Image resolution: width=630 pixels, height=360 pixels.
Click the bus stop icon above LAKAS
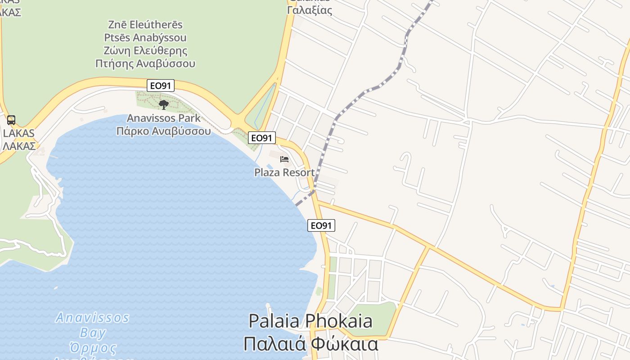click(x=11, y=120)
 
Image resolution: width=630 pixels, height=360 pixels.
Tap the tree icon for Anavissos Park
click(x=164, y=105)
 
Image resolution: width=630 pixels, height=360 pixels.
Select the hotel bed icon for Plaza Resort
click(x=284, y=159)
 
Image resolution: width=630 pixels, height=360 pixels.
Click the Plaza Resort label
click(x=284, y=172)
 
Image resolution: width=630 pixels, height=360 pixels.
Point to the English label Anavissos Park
click(x=163, y=118)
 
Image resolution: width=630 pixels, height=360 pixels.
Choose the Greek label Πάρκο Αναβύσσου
click(x=163, y=131)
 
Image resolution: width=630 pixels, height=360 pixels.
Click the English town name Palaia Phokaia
click(x=310, y=321)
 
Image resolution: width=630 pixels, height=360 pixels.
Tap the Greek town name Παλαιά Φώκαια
click(x=310, y=344)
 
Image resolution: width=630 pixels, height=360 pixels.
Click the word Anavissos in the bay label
click(x=92, y=318)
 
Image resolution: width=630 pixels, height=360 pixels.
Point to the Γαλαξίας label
click(x=309, y=10)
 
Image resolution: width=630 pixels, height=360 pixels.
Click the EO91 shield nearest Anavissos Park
click(x=161, y=85)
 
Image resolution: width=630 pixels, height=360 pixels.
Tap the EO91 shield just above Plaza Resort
click(x=261, y=138)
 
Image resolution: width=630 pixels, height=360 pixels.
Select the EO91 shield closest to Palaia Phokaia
click(x=321, y=225)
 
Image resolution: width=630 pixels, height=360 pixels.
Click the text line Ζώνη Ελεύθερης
click(x=145, y=50)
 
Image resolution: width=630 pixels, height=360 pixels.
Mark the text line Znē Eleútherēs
click(x=145, y=24)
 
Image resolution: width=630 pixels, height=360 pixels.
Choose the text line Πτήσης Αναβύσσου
click(x=145, y=63)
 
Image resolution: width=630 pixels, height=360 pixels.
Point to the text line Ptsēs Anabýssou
click(x=145, y=37)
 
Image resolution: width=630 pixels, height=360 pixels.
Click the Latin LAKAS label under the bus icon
click(x=18, y=133)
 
